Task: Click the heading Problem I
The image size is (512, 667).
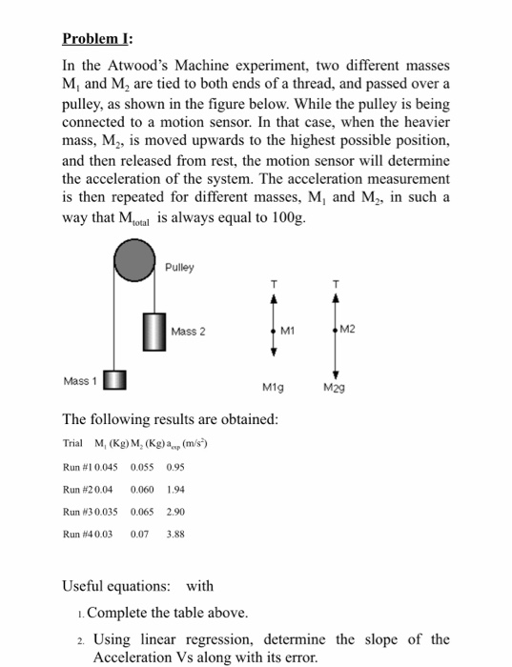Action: tap(98, 39)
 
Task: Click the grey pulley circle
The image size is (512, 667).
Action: tap(136, 260)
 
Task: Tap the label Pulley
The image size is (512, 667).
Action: tap(179, 267)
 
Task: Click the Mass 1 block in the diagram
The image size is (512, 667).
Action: tap(113, 381)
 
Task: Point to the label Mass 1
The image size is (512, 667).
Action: tap(80, 381)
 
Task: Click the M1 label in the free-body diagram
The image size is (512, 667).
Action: tap(287, 331)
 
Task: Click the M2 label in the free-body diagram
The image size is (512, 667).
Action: tap(347, 330)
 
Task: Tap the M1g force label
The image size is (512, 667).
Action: tap(274, 388)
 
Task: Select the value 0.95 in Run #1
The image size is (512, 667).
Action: tap(174, 467)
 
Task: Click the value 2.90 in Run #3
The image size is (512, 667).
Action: tap(175, 512)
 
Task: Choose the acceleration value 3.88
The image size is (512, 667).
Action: tap(174, 535)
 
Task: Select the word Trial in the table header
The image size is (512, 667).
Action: tap(72, 443)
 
